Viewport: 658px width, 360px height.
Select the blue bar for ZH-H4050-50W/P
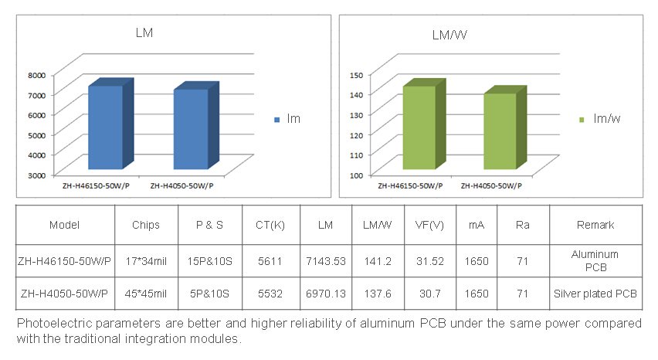tap(190, 129)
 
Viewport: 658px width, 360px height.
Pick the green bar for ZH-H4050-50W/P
tap(500, 131)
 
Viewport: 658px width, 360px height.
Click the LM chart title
tap(144, 32)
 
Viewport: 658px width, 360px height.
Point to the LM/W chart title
tap(448, 35)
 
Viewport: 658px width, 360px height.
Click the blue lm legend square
tap(277, 120)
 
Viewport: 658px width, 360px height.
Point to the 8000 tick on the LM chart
tap(37, 74)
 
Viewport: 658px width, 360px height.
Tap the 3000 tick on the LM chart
tap(37, 175)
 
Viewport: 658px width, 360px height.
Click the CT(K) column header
tap(270, 225)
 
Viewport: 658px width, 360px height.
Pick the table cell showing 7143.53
tap(325, 261)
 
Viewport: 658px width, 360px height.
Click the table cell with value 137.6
tap(378, 294)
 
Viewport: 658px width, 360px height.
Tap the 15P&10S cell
tap(210, 261)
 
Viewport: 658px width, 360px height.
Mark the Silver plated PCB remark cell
tap(595, 294)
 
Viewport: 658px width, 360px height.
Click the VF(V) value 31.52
tap(429, 261)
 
